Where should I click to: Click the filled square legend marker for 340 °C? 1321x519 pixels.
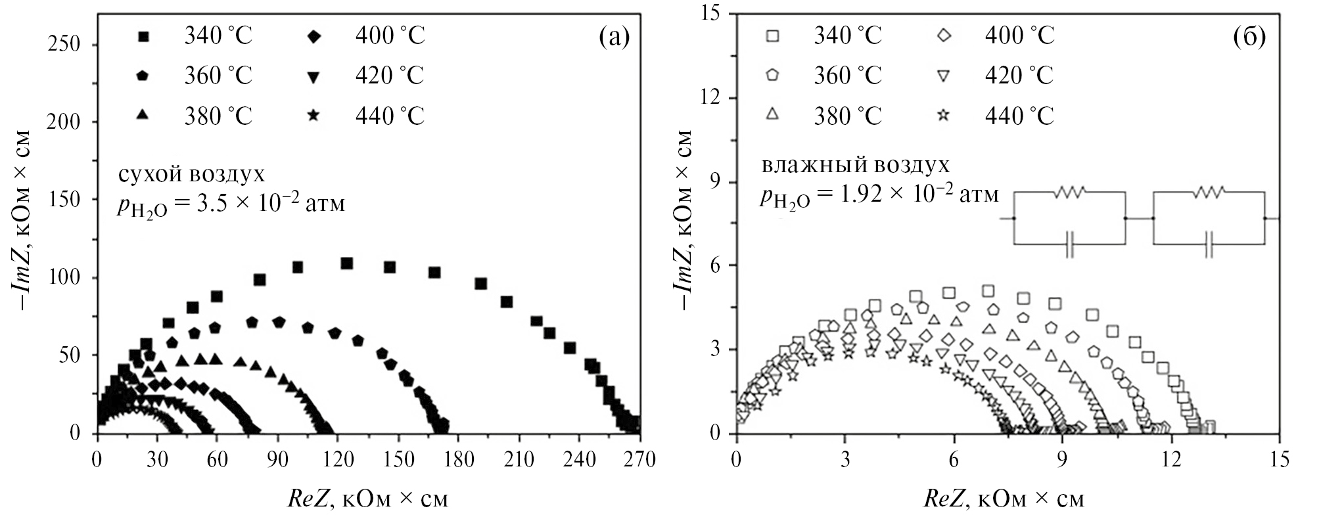click(143, 35)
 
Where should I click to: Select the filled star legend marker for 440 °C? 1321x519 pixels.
click(313, 116)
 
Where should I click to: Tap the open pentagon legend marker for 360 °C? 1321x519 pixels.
click(773, 75)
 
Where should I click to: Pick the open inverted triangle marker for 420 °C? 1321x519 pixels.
click(943, 76)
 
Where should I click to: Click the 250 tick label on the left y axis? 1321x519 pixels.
click(65, 45)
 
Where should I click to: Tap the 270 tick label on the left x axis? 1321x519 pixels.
click(639, 459)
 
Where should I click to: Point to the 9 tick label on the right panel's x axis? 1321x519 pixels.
click(1062, 459)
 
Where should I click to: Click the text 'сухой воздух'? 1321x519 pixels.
click(191, 175)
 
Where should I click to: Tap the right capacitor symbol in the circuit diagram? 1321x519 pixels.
click(1209, 244)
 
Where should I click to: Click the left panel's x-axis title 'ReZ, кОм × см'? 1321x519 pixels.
click(368, 499)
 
